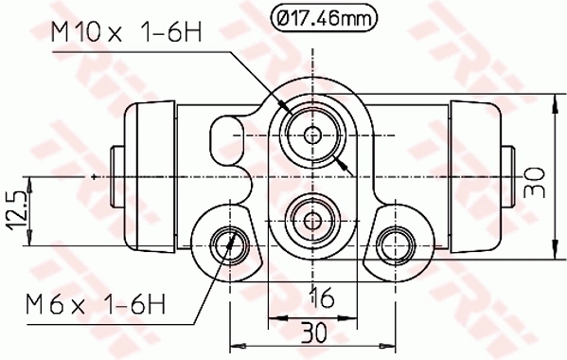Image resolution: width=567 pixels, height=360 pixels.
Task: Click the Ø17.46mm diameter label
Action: tap(323, 17)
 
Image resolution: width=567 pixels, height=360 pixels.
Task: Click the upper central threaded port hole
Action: tap(313, 134)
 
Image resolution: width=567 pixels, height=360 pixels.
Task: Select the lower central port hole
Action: tap(313, 219)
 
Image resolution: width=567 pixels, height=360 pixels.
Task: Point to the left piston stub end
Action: tap(117, 178)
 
